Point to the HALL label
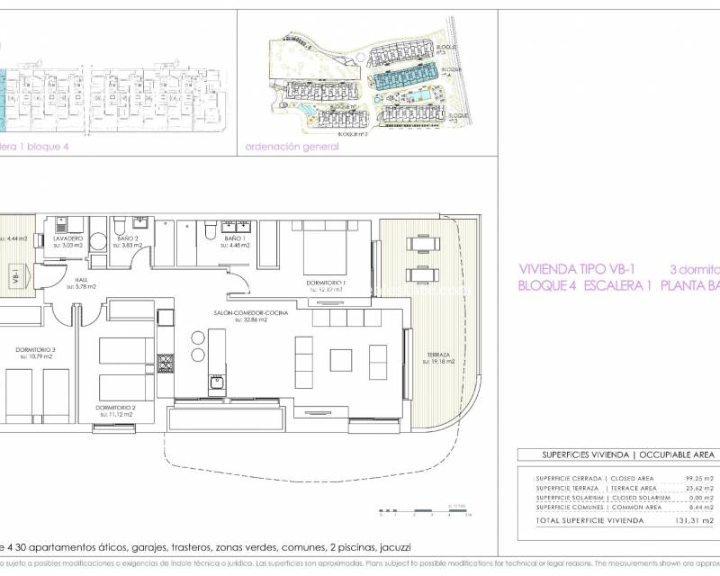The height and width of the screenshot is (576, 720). coord(81,280)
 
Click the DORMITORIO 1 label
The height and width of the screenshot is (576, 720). coord(326,284)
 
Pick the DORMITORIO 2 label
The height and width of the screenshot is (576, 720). coord(115,408)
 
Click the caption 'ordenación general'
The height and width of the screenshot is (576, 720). coord(292,147)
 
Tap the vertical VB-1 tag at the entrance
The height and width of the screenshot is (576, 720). coord(15,277)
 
